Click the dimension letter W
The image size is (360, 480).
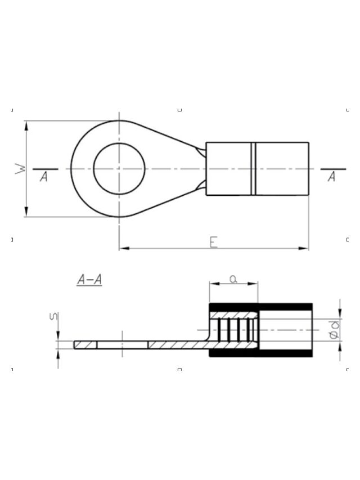click(20, 169)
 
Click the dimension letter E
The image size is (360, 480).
click(213, 242)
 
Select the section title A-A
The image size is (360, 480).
click(89, 280)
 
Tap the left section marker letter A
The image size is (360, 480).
click(44, 177)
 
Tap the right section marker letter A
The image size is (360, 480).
click(331, 177)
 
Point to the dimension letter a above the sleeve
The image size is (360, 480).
click(233, 279)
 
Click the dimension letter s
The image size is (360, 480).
click(54, 316)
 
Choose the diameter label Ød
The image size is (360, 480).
click(334, 330)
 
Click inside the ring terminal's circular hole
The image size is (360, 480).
click(119, 169)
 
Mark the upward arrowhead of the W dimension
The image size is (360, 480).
click(26, 126)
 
